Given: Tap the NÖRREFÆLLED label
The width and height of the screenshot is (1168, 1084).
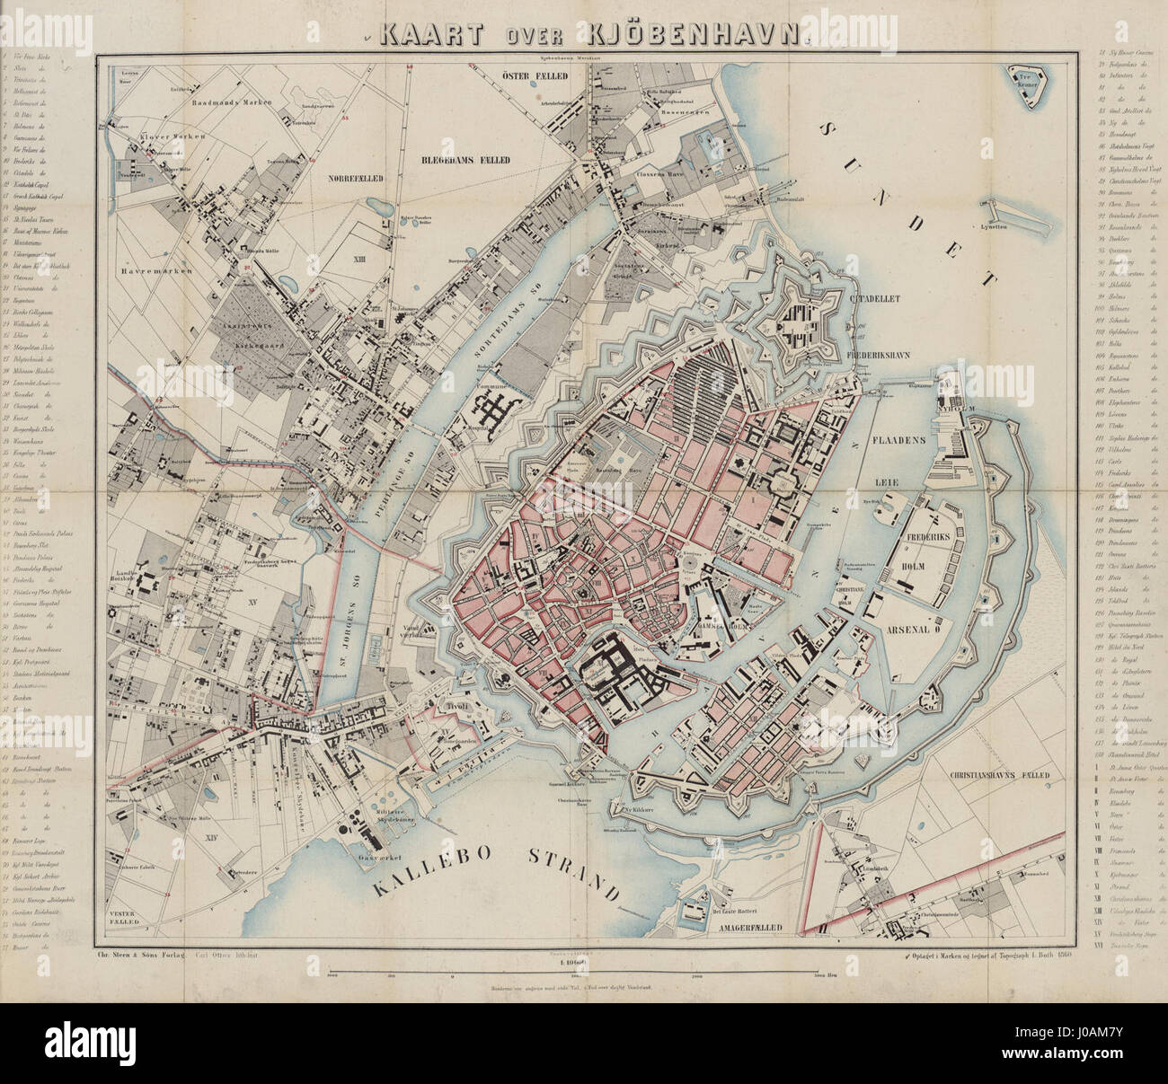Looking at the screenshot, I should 358,179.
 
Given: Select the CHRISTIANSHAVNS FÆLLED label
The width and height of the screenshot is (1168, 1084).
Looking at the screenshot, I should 999,775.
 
